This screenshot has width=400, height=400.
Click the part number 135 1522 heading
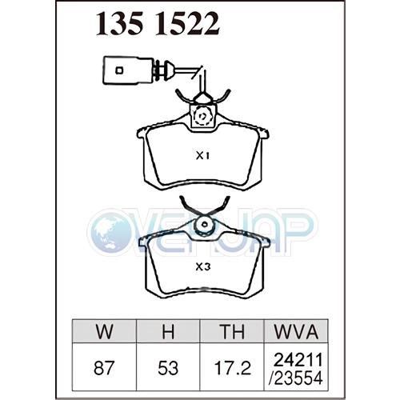158,24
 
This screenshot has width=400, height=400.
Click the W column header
104,331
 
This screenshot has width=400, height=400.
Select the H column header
168,331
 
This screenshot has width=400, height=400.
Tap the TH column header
232,331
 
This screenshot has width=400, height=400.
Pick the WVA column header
296,331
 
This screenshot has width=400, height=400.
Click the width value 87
104,368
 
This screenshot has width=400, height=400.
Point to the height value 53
168,368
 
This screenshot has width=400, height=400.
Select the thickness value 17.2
233,368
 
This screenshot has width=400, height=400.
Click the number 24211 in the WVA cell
298,360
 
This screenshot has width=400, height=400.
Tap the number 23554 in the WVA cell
296,378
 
